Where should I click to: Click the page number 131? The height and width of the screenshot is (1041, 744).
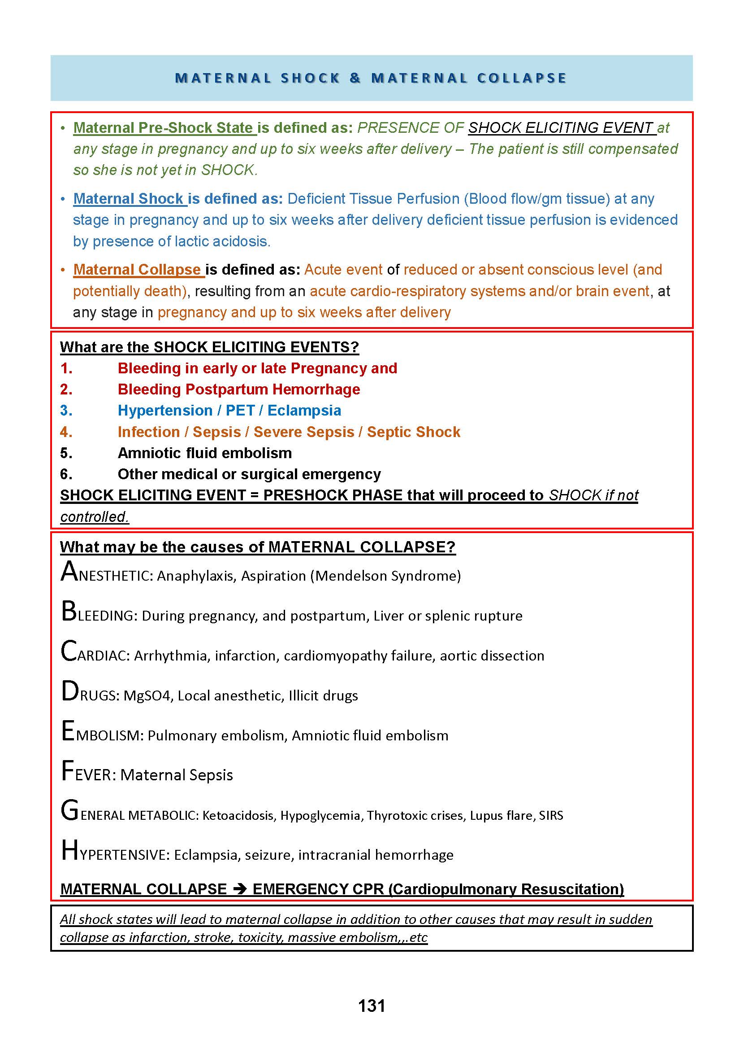pyautogui.click(x=372, y=1006)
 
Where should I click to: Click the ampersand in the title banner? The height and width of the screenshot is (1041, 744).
pyautogui.click(x=355, y=78)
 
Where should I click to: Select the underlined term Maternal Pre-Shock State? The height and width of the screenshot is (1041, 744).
pyautogui.click(x=164, y=127)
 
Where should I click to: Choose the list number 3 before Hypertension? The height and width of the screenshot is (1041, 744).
pyautogui.click(x=66, y=410)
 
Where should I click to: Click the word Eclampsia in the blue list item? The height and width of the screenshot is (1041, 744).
pyautogui.click(x=304, y=410)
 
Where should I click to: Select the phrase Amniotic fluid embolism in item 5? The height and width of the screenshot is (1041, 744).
pyautogui.click(x=205, y=453)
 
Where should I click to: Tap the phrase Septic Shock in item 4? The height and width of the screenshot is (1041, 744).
pyautogui.click(x=413, y=432)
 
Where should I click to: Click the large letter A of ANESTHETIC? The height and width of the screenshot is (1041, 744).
pyautogui.click(x=69, y=572)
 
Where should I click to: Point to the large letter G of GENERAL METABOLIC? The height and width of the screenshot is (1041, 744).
pyautogui.click(x=69, y=811)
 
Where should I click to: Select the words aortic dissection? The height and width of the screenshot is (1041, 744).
pyautogui.click(x=492, y=655)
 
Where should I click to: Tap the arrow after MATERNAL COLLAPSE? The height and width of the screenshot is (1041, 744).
pyautogui.click(x=240, y=889)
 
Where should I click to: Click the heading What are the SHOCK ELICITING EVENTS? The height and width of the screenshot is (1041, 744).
pyautogui.click(x=209, y=347)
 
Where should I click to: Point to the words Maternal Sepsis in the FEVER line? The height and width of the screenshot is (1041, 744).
pyautogui.click(x=177, y=775)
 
